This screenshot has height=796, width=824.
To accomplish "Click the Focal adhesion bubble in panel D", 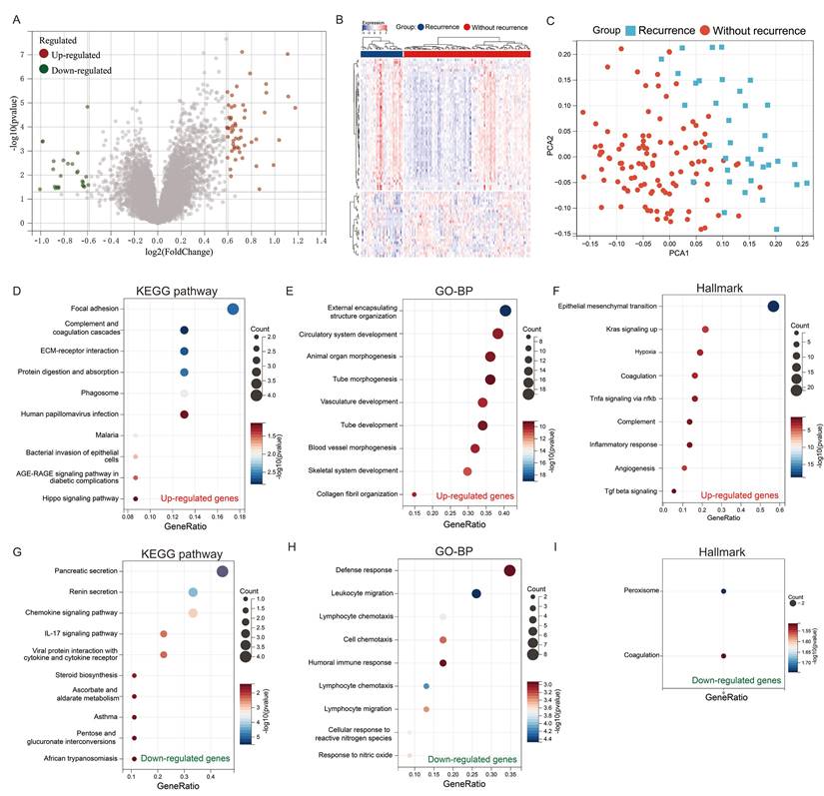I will [x=233, y=310].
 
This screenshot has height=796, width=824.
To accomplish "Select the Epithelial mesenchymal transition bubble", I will [x=773, y=307].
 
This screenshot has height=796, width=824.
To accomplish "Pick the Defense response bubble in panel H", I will [x=509, y=570].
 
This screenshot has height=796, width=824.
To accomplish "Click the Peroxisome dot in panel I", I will [x=723, y=591].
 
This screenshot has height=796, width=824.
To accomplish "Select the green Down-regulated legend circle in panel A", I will [x=45, y=70].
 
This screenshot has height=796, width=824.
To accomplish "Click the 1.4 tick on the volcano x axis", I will [x=322, y=241].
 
